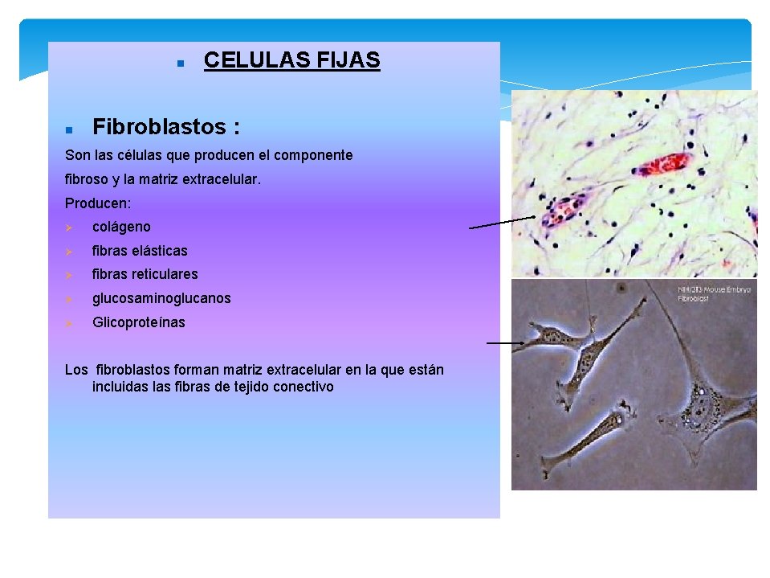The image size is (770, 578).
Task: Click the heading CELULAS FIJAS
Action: point(291,60)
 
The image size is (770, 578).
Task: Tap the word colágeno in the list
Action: point(121,227)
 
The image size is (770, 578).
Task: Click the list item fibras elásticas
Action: point(140,251)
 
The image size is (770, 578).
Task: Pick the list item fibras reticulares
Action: point(145,274)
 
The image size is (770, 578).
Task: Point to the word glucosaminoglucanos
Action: point(161,298)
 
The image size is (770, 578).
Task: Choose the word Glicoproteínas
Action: point(138,322)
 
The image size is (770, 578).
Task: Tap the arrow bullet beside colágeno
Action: point(69,228)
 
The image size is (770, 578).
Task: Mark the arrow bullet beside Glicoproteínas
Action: point(69,323)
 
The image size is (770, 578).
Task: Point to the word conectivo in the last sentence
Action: point(304,387)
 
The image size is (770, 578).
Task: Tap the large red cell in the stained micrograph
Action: point(662,163)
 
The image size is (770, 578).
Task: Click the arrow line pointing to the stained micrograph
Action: point(502,223)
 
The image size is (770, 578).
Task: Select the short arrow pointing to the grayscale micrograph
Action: point(504,343)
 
